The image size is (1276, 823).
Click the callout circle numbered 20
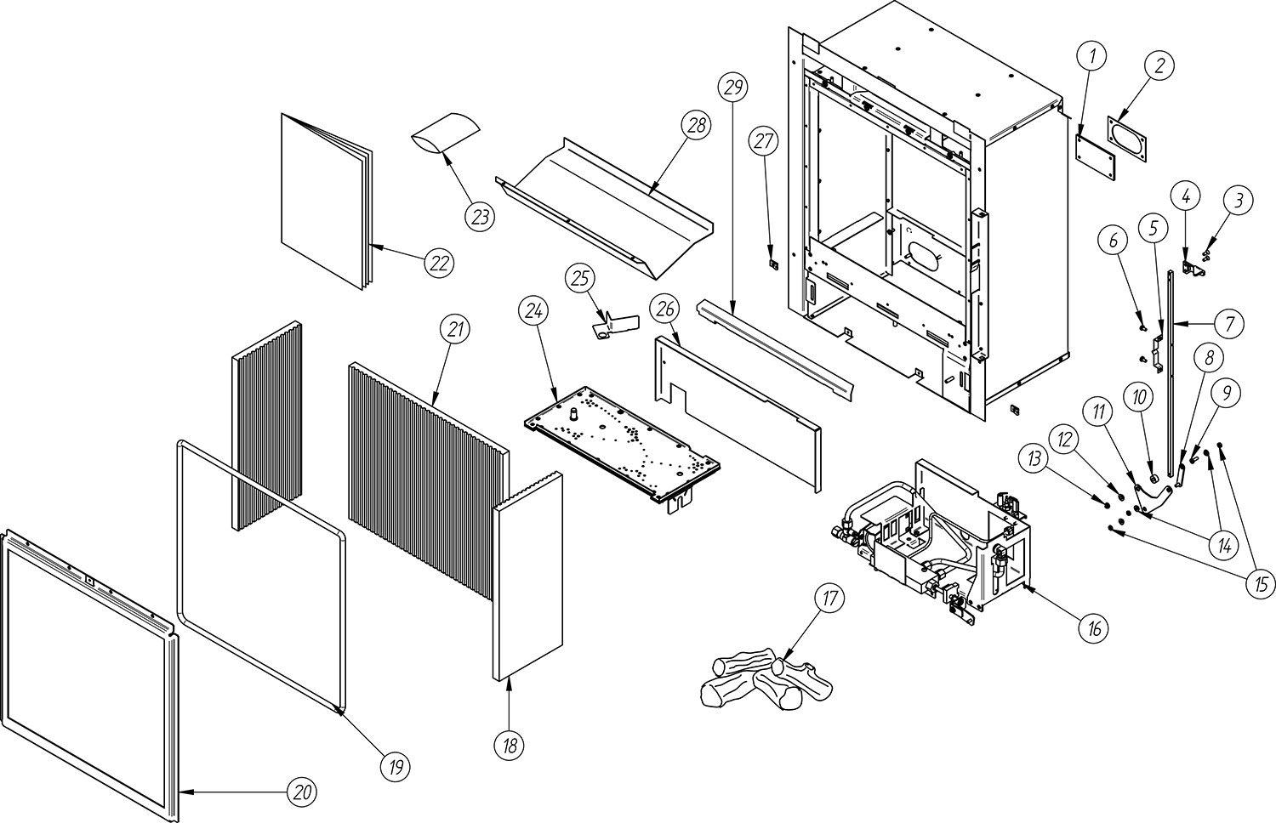302,792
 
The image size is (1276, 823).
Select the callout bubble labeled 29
732,87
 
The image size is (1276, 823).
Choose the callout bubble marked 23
480,217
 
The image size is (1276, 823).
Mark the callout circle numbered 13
1034,457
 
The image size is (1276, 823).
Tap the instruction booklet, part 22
326,201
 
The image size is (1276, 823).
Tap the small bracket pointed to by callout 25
614,327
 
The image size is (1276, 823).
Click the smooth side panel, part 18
527,576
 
